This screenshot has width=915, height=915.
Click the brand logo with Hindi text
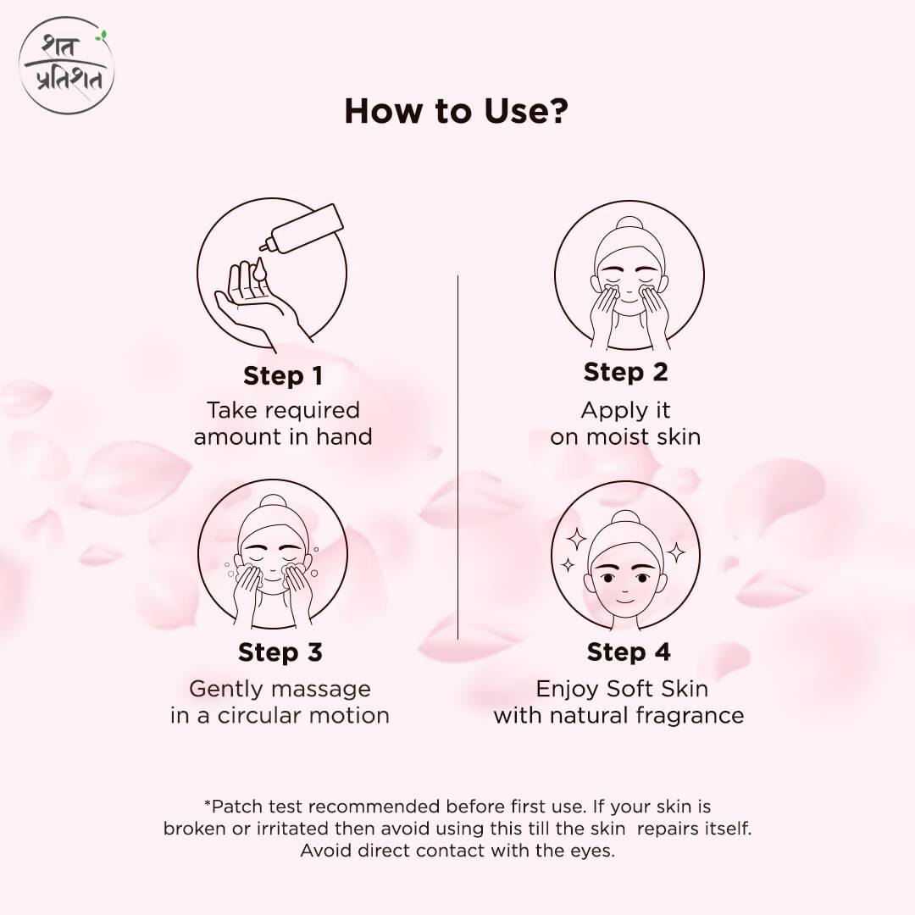[66, 65]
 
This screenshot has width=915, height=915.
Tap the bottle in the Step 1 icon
[305, 227]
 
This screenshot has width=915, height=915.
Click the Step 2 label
[625, 372]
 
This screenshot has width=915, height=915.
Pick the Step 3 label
[280, 652]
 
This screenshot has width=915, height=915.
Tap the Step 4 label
[628, 652]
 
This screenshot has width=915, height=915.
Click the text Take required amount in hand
[283, 424]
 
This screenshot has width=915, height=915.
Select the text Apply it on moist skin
[625, 424]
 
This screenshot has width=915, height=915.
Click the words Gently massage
[280, 689]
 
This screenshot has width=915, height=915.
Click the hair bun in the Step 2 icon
[629, 224]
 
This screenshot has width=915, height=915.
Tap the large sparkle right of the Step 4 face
[676, 552]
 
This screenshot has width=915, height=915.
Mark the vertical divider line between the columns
[457, 457]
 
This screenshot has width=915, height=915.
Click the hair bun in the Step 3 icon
[273, 501]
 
